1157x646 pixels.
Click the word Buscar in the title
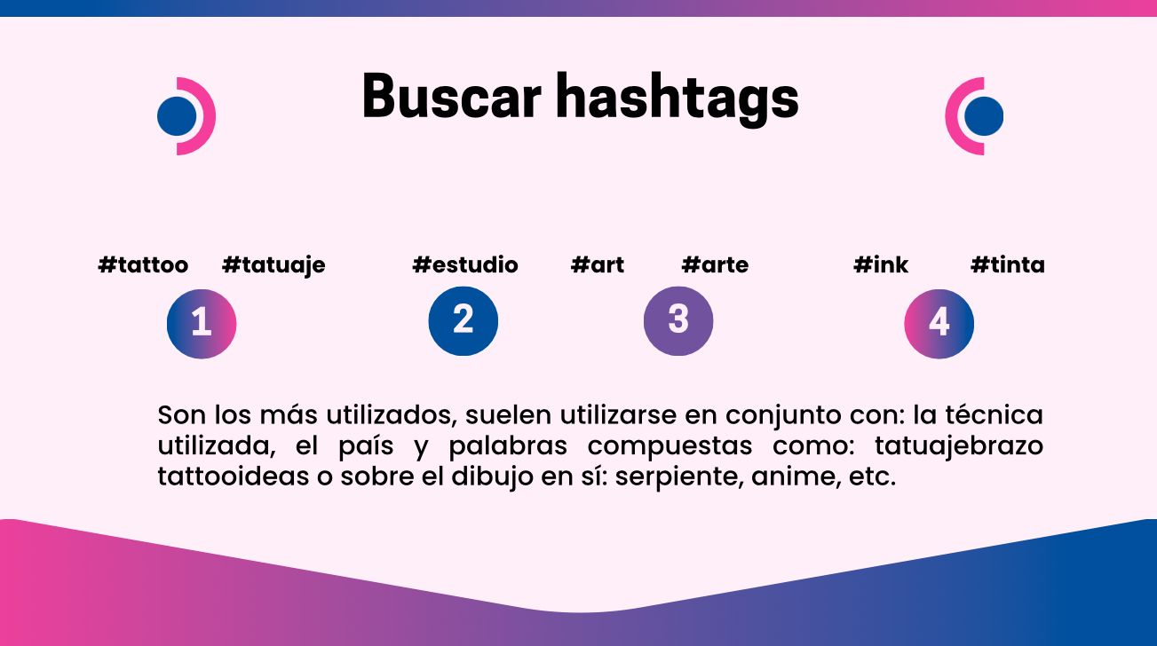pyautogui.click(x=451, y=97)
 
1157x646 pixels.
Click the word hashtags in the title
pyautogui.click(x=677, y=99)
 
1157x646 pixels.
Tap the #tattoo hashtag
pyautogui.click(x=143, y=264)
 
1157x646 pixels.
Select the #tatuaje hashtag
pyautogui.click(x=273, y=265)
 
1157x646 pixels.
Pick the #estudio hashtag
pyautogui.click(x=465, y=264)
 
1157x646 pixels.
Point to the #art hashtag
pyautogui.click(x=597, y=264)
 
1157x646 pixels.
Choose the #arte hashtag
pyautogui.click(x=715, y=264)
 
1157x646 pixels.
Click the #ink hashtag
pyautogui.click(x=881, y=264)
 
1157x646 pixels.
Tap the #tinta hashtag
pyautogui.click(x=1007, y=264)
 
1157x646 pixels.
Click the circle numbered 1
pyautogui.click(x=202, y=324)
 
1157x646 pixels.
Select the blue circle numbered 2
pyautogui.click(x=464, y=321)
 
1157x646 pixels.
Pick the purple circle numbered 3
pyautogui.click(x=678, y=321)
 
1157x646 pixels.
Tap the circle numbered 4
pyautogui.click(x=939, y=324)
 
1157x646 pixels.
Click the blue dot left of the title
pyautogui.click(x=177, y=116)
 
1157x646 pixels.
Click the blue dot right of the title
pyautogui.click(x=984, y=116)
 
